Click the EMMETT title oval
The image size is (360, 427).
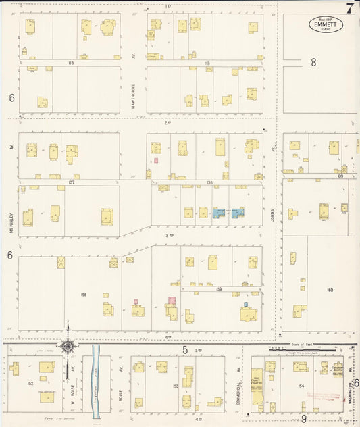(326, 24)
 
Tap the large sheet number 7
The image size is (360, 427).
(349, 8)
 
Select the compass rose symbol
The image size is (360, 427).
(68, 347)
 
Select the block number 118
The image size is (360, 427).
(70, 63)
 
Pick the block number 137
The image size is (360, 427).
(71, 182)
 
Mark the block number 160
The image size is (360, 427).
(330, 290)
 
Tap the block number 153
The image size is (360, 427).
(176, 386)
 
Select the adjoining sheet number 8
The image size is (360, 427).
(313, 62)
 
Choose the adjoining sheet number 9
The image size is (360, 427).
(303, 419)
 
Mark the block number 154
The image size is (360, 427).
(301, 385)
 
